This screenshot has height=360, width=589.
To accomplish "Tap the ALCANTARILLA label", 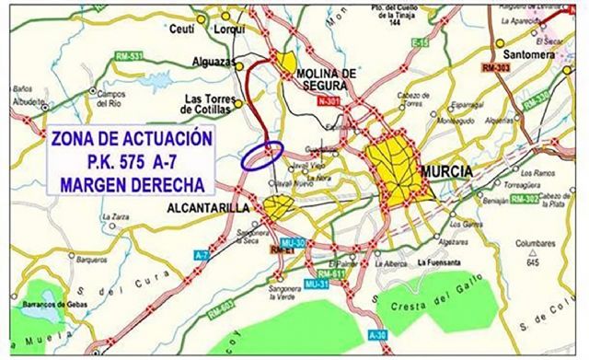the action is coord(209,209).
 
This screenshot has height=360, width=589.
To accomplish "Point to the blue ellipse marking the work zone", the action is coord(261,156).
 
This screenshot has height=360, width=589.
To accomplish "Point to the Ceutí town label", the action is coord(181,28).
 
